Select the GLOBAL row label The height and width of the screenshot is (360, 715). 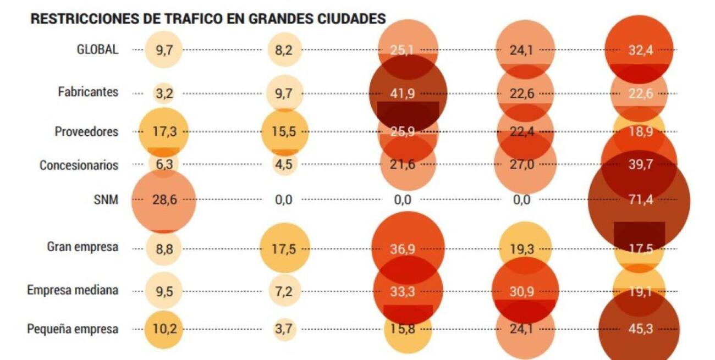coord(97,49)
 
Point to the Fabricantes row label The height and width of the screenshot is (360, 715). coord(88,92)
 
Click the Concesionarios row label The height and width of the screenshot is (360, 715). coord(79,165)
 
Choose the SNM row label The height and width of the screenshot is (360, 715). coord(106,200)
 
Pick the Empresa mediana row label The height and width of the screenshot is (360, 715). coord(73,290)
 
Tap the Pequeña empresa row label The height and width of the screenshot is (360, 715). coord(73,329)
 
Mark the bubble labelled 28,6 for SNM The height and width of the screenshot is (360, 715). coord(164,200)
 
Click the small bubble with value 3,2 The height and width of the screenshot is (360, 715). coord(164,93)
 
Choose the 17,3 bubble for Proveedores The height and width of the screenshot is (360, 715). coord(163,132)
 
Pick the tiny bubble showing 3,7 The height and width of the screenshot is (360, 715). coord(284,330)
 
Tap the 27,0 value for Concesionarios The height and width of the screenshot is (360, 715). coord(521,165)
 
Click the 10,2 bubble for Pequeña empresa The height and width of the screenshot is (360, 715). coord(163,330)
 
